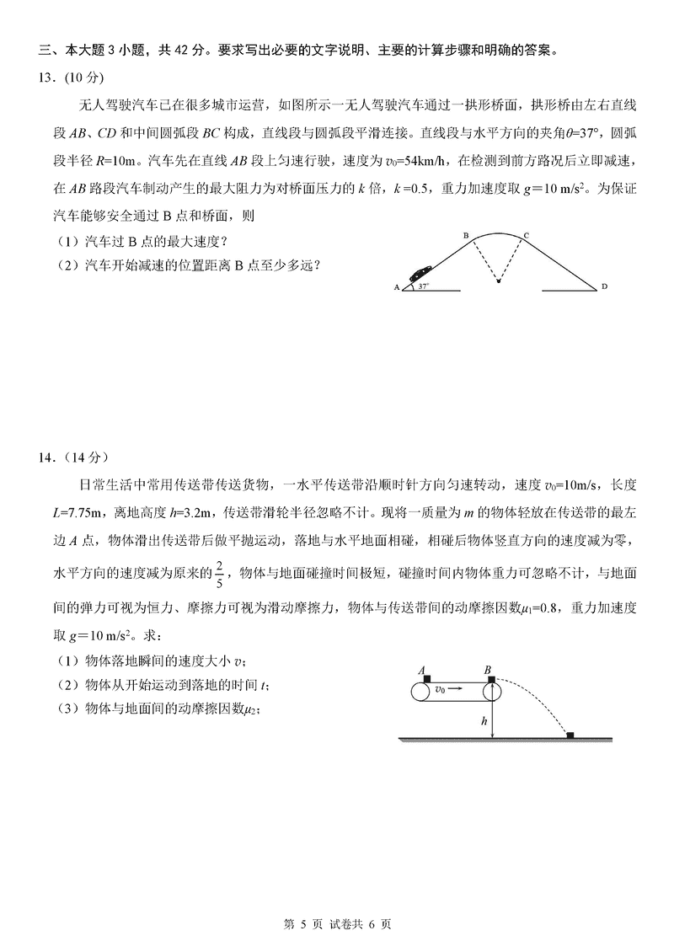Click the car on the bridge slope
[420, 275]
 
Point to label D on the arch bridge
[604, 287]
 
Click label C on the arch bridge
[527, 235]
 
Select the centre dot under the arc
[497, 281]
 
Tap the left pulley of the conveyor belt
[419, 690]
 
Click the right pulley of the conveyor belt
[489, 690]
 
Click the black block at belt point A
[428, 677]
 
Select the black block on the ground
[570, 736]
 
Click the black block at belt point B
[489, 677]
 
